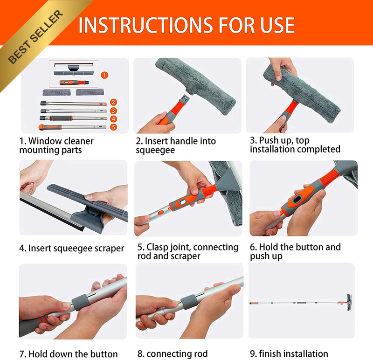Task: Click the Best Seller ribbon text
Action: click(35, 37)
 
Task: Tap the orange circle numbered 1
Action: click(104, 75)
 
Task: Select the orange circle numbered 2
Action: click(113, 102)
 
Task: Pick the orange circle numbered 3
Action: click(113, 111)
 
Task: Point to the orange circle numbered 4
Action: click(113, 119)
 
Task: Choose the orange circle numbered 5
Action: click(113, 127)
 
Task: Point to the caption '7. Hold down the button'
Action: click(69, 354)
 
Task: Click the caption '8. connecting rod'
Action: click(173, 354)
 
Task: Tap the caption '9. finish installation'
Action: click(289, 353)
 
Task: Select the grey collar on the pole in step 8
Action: click(189, 302)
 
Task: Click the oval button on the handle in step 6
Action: click(297, 200)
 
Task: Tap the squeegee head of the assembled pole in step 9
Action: click(349, 303)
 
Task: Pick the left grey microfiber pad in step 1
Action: click(56, 92)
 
